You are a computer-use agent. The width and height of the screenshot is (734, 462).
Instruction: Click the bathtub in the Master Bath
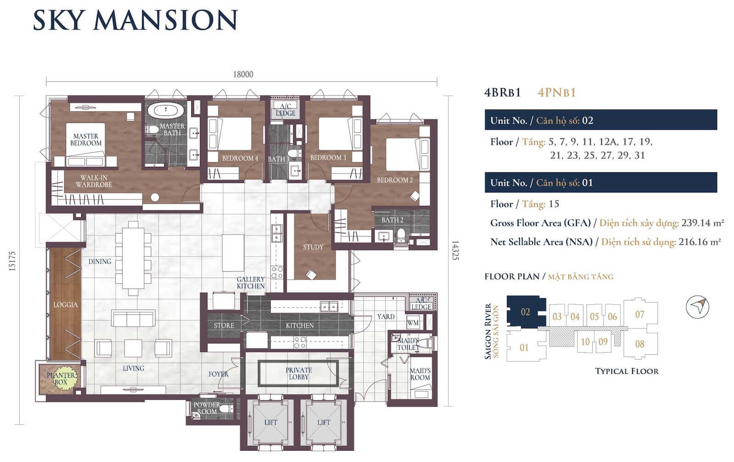pyautogui.click(x=166, y=110)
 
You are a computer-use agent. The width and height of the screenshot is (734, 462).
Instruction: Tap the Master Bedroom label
pyautogui.click(x=86, y=139)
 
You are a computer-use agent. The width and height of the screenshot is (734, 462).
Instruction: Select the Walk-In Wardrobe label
pyautogui.click(x=94, y=181)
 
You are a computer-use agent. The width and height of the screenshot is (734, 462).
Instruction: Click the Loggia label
pyautogui.click(x=66, y=305)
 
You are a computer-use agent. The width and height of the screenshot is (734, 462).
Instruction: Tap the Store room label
pyautogui.click(x=224, y=325)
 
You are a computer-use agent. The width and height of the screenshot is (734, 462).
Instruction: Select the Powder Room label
pyautogui.click(x=207, y=408)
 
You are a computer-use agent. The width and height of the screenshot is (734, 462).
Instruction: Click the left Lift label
pyautogui.click(x=271, y=423)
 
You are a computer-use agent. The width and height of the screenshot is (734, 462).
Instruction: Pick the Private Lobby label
pyautogui.click(x=299, y=374)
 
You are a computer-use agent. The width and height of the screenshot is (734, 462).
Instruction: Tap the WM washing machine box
pyautogui.click(x=413, y=323)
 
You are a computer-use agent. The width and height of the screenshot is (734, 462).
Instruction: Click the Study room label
pyautogui.click(x=313, y=247)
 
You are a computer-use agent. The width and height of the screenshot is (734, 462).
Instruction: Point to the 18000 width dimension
pyautogui.click(x=243, y=74)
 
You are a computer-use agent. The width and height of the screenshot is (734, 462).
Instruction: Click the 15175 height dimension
pyautogui.click(x=12, y=261)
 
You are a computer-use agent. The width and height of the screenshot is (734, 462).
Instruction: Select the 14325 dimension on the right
pyautogui.click(x=455, y=251)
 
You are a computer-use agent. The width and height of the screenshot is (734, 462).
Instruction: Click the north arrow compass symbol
pyautogui.click(x=697, y=307)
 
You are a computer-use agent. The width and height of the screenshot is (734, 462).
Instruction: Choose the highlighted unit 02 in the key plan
pyautogui.click(x=526, y=312)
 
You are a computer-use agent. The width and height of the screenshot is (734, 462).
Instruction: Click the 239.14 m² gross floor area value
pyautogui.click(x=702, y=223)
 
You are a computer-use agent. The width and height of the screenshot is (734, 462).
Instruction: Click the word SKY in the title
pyautogui.click(x=59, y=20)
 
